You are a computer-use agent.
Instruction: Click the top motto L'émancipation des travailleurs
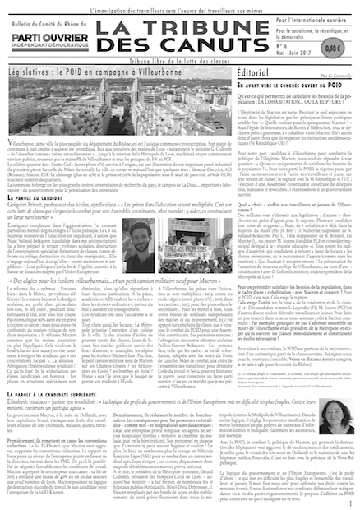[179, 7]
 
